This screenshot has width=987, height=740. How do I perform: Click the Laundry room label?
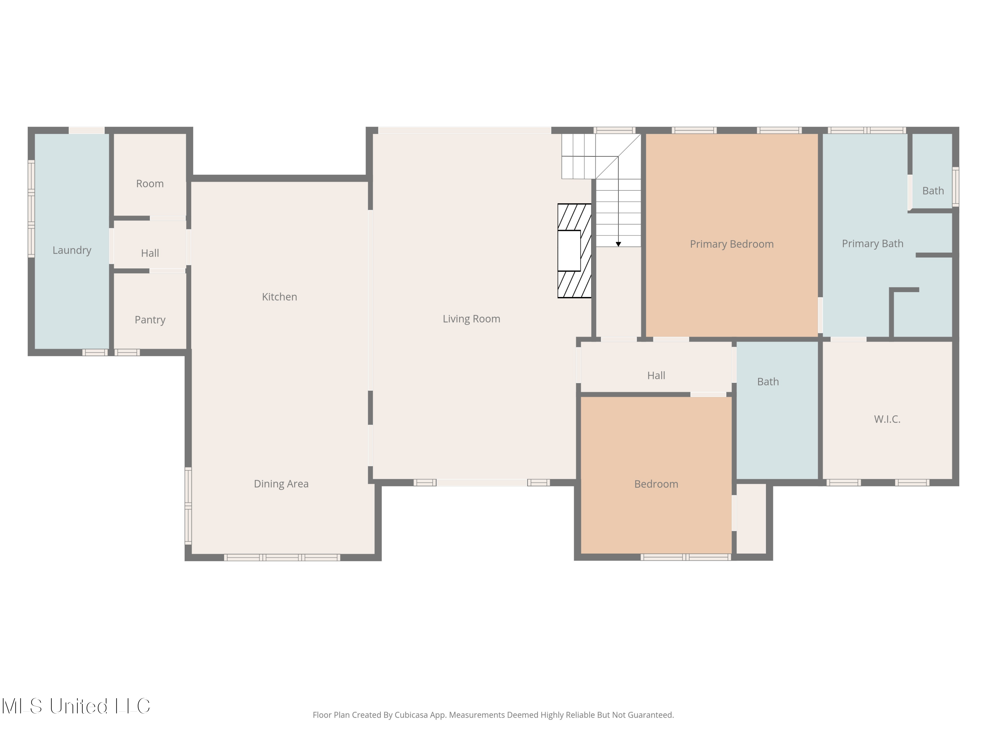pos(72,250)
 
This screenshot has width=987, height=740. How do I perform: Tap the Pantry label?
pos(150,320)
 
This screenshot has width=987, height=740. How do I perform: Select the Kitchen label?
pos(279,297)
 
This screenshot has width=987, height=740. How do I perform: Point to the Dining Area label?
pos(281,484)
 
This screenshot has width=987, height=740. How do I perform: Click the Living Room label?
pos(471,319)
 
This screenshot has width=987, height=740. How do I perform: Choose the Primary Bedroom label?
pos(732,244)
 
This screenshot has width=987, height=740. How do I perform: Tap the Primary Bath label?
pos(872,244)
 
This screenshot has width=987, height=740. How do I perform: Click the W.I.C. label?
pos(887,419)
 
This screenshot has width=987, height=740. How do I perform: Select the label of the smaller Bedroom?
pos(656,484)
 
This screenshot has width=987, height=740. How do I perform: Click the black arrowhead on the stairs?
pos(619,244)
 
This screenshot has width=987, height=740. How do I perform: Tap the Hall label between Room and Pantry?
pos(150,253)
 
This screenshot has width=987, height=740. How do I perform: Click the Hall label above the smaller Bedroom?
pos(656,376)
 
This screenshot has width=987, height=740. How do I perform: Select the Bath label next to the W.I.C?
pos(768,382)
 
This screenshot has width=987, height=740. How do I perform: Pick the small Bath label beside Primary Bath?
pos(933,191)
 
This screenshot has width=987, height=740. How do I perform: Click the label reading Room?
pos(150,184)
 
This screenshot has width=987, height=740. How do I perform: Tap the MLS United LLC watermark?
pos(76,706)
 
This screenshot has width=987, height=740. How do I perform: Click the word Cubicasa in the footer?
pos(412,715)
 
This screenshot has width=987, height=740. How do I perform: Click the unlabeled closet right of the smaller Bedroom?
pos(751,518)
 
